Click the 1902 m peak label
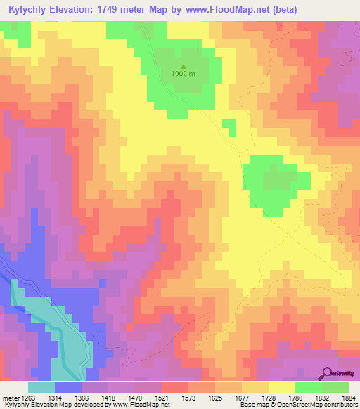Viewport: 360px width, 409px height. (x=182, y=74)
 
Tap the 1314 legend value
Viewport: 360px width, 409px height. (x=68, y=397)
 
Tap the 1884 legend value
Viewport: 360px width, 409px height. (x=349, y=397)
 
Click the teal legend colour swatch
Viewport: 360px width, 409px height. (x=41, y=387)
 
